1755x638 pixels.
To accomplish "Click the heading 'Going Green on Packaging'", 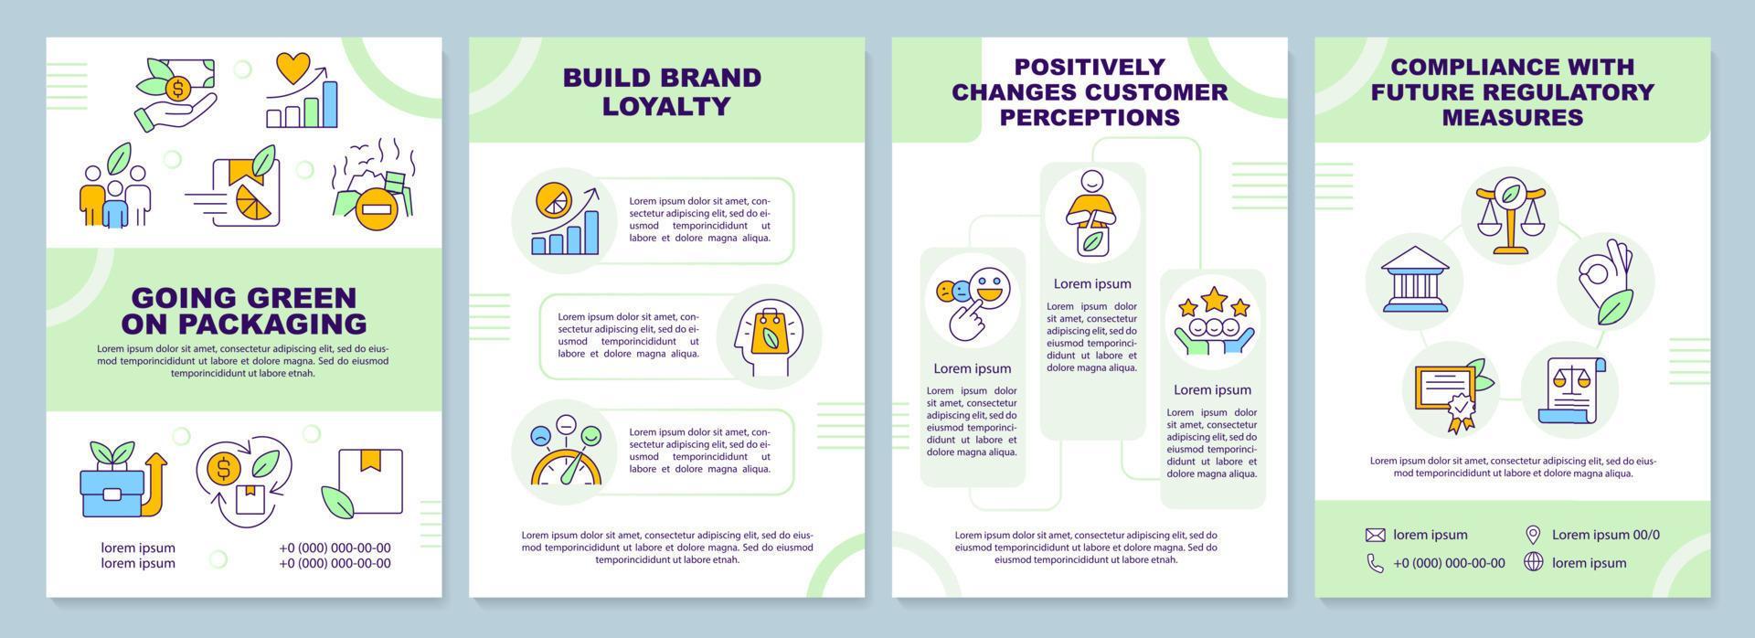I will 244,311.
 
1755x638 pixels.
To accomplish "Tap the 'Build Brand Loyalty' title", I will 662,91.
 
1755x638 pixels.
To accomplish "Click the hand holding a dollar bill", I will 175,91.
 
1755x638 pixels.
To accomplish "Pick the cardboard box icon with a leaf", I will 363,481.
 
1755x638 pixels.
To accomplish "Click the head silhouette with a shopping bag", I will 769,337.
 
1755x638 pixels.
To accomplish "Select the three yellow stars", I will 1213,300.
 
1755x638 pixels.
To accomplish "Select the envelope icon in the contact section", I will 1376,535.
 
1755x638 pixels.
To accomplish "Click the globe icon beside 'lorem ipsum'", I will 1534,562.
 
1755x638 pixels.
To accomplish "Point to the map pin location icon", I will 1534,535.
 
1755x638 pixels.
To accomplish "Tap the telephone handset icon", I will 1376,563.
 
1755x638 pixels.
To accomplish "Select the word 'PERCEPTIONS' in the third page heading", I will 1090,117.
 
